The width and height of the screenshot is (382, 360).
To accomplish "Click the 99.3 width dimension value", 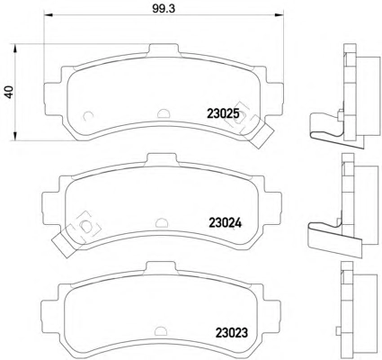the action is click(x=164, y=8).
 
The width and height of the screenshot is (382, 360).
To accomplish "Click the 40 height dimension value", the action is click(x=9, y=92).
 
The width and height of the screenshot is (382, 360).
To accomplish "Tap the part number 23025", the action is click(x=223, y=114).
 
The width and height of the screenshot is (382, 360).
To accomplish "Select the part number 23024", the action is click(x=225, y=223).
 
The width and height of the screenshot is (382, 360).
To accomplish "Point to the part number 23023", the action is click(x=232, y=332).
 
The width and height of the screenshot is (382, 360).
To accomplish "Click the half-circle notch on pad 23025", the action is click(x=164, y=112).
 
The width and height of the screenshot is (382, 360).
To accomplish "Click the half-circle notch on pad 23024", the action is click(x=162, y=222).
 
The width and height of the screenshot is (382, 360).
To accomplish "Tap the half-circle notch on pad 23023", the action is click(x=162, y=331).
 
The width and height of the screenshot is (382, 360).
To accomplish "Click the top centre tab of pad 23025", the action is click(x=164, y=49).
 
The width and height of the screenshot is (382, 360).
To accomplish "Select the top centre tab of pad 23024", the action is click(x=162, y=159).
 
